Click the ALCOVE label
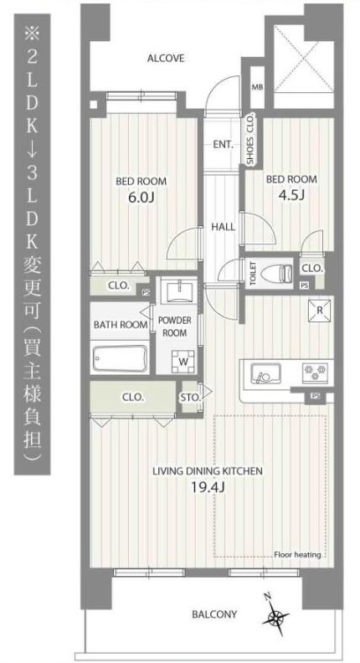[166, 59]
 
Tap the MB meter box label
[257, 88]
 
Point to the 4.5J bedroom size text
[291, 194]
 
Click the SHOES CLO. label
[250, 138]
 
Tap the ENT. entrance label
[223, 145]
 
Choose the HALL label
[224, 227]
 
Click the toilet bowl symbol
[276, 272]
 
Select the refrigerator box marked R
[319, 310]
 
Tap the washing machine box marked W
[183, 362]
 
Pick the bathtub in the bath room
[120, 359]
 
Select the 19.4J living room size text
[207, 488]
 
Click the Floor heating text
[297, 555]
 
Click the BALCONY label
[214, 614]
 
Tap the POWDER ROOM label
[174, 326]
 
